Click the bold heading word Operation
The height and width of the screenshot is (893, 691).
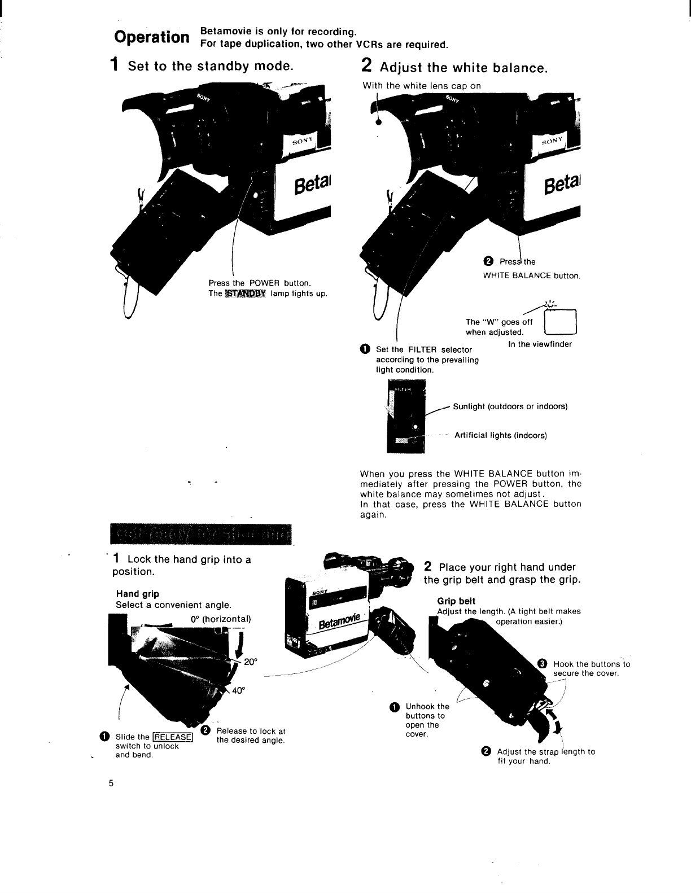(151, 37)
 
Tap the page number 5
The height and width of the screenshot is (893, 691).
(112, 783)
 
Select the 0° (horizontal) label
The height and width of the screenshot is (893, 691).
(220, 618)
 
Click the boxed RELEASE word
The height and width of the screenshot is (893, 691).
(173, 737)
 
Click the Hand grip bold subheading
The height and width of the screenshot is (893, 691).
(137, 594)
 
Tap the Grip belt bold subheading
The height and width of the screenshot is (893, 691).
(456, 601)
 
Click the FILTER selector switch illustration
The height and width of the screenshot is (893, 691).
(405, 418)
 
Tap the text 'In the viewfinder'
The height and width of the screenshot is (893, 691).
(540, 344)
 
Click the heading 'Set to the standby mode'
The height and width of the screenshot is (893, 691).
(210, 66)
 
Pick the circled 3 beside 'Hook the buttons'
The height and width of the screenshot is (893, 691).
(543, 663)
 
